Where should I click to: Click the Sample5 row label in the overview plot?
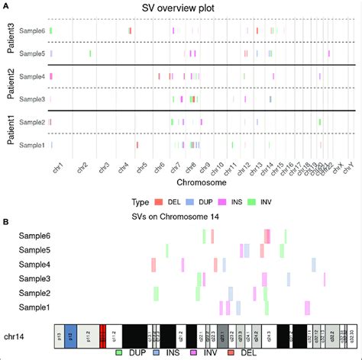[32, 53]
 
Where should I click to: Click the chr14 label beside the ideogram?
[17, 336]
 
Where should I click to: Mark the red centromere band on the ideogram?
[102, 336]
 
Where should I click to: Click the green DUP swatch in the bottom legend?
[119, 353]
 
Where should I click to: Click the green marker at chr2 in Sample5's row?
[90, 53]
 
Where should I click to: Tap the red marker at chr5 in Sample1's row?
[137, 145]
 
